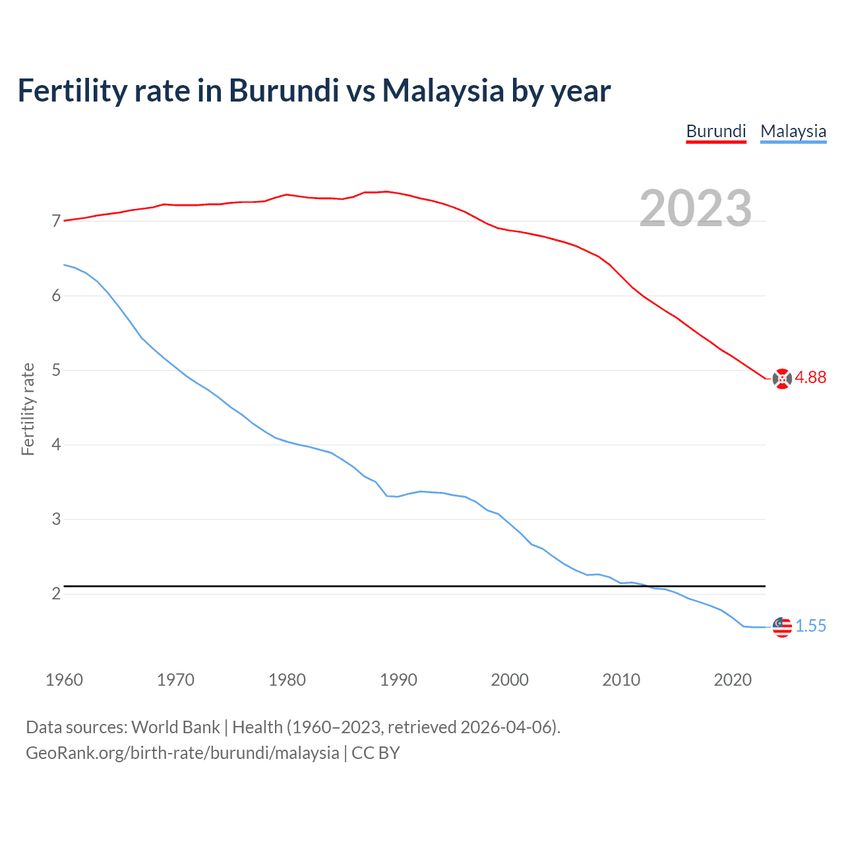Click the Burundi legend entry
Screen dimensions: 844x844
coord(716,131)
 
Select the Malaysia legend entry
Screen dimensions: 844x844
coord(793,131)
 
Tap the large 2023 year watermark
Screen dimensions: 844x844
coord(696,208)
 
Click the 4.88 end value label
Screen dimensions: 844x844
coord(810,377)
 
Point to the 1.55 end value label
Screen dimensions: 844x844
coord(810,626)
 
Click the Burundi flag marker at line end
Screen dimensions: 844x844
coord(782,378)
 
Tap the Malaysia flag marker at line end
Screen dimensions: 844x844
coord(782,627)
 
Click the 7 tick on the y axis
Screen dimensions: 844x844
coord(56,222)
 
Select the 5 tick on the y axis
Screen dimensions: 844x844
coord(56,371)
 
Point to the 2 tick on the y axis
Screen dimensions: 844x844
coord(56,594)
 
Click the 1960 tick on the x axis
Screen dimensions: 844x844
coord(64,680)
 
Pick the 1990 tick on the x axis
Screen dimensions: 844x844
coord(398,680)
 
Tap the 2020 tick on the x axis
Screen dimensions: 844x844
coord(733,680)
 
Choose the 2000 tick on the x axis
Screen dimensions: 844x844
coord(510,680)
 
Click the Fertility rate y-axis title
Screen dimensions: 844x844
coord(28,409)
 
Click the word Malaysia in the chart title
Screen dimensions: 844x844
coord(443,90)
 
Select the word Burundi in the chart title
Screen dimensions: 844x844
coord(284,90)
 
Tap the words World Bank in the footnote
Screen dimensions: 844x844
coord(175,727)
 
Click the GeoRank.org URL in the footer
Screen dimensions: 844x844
coord(182,753)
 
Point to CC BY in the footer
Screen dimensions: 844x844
coord(376,753)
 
